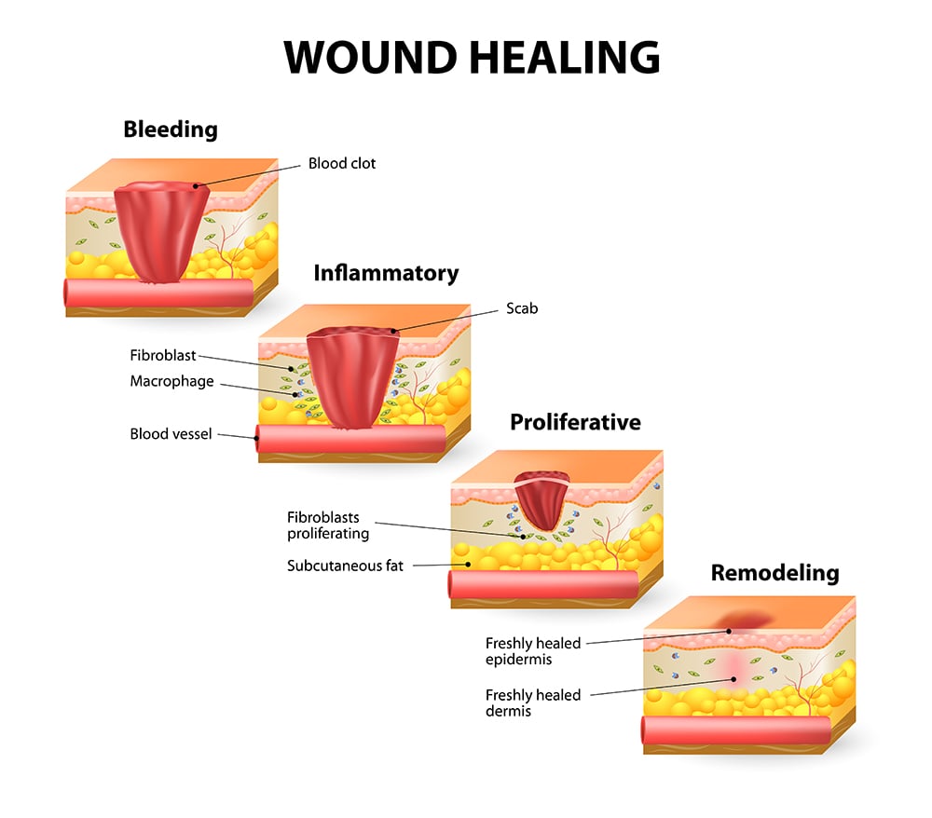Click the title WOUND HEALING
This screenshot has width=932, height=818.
pos(472,58)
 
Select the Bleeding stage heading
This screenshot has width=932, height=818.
pos(171,130)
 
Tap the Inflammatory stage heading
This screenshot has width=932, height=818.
pos(386,273)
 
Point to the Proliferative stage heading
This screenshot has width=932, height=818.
pos(575,422)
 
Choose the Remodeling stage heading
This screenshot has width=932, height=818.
pos(774,572)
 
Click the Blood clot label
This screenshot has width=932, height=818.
pos(342,164)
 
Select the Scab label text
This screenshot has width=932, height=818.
pos(522,308)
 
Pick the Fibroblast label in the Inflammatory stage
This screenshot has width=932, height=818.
pos(163,355)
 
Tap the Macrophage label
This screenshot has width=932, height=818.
pos(171,381)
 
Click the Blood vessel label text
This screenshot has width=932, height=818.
pos(172,433)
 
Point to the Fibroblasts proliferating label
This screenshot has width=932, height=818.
pos(328,525)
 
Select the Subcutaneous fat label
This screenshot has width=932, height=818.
pos(345,565)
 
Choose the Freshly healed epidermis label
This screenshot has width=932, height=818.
pos(532,651)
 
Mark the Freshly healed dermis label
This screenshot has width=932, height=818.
pos(532,702)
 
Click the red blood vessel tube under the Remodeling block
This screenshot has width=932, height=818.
pos(736,729)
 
